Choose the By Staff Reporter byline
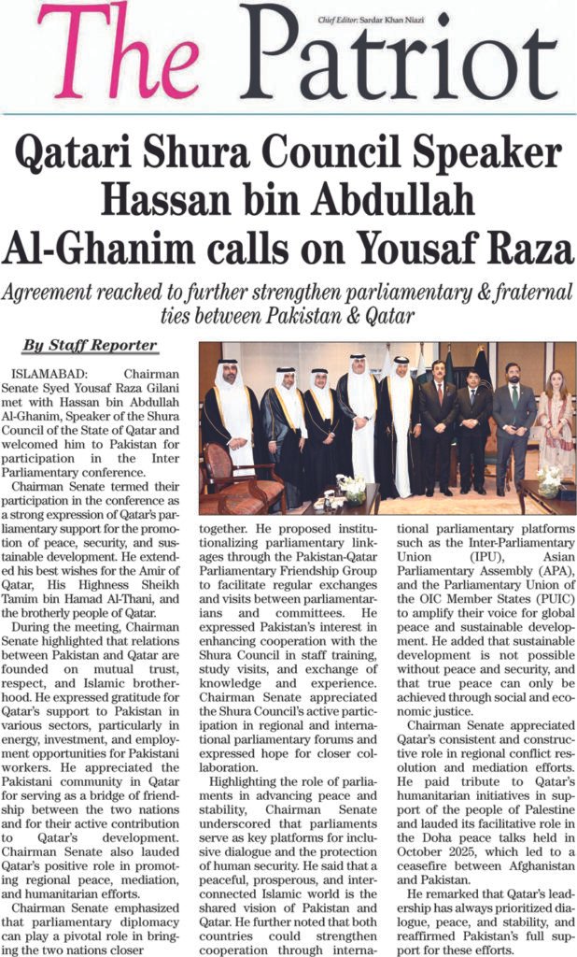[x=90, y=346]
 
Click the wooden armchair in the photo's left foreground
[x=229, y=477]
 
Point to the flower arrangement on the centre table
[x=353, y=491]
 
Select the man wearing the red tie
[x=438, y=421]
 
